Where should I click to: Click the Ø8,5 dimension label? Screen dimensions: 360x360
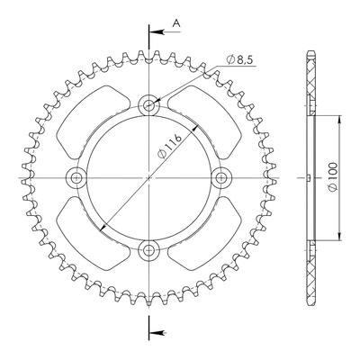pyautogui.click(x=240, y=60)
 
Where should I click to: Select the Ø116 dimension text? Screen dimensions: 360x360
pyautogui.click(x=170, y=147)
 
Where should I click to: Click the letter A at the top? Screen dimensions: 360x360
pyautogui.click(x=177, y=23)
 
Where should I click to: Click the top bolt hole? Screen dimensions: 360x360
pyautogui.click(x=148, y=105)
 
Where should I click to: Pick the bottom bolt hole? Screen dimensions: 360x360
pyautogui.click(x=148, y=249)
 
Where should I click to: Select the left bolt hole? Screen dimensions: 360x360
pyautogui.click(x=76, y=178)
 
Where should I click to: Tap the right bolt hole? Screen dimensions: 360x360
pyautogui.click(x=221, y=178)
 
